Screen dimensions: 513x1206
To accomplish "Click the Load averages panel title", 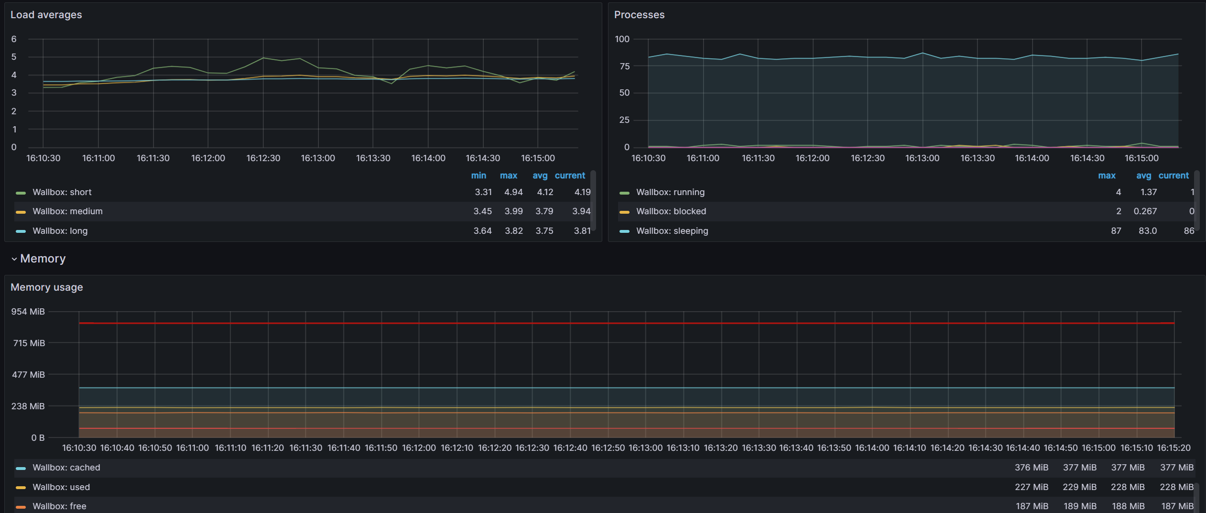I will click(46, 15).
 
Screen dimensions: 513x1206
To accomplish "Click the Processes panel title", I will click(639, 15).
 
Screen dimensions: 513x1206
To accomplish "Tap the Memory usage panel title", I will click(46, 287).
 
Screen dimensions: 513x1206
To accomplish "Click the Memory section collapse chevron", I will click(14, 259).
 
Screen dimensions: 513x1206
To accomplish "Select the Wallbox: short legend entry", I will click(62, 192).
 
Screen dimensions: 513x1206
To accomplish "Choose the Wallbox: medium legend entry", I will click(67, 211).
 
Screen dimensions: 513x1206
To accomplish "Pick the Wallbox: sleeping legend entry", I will click(672, 231).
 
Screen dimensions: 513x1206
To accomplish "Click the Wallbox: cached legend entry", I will click(66, 468).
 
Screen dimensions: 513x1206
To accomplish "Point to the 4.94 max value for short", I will click(513, 192).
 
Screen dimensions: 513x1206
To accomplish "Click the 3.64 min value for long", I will click(482, 231).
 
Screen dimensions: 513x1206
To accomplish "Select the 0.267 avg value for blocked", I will click(1145, 211).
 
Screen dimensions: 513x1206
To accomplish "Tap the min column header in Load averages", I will click(478, 175).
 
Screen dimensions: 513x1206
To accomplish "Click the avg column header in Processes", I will click(1143, 175).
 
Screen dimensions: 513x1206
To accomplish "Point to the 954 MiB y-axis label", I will click(28, 312).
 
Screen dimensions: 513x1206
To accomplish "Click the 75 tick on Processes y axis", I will click(624, 66).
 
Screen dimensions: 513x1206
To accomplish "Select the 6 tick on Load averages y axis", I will click(14, 39).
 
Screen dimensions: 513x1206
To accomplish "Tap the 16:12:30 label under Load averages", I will click(263, 158).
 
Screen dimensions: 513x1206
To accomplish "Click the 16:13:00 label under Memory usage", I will click(645, 448).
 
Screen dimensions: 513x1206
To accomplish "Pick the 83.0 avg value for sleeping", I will click(1147, 231).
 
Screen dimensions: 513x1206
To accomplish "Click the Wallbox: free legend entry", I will click(59, 506).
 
